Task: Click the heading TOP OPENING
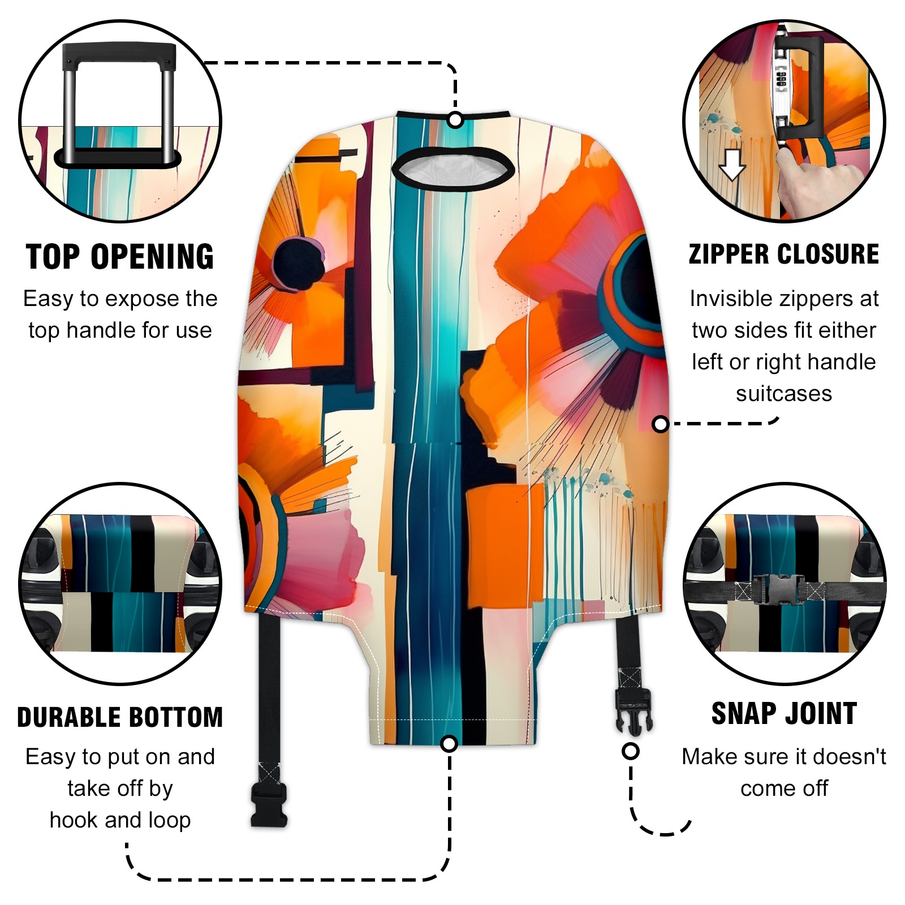click(120, 257)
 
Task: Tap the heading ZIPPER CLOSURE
click(784, 254)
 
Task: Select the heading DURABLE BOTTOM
click(120, 717)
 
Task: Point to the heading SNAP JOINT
click(784, 713)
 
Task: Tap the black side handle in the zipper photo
click(803, 88)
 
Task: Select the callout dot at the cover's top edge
click(455, 120)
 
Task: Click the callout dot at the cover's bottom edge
click(449, 743)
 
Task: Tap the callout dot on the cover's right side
click(660, 424)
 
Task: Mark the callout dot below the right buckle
click(631, 751)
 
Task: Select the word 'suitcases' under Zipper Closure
click(784, 394)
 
